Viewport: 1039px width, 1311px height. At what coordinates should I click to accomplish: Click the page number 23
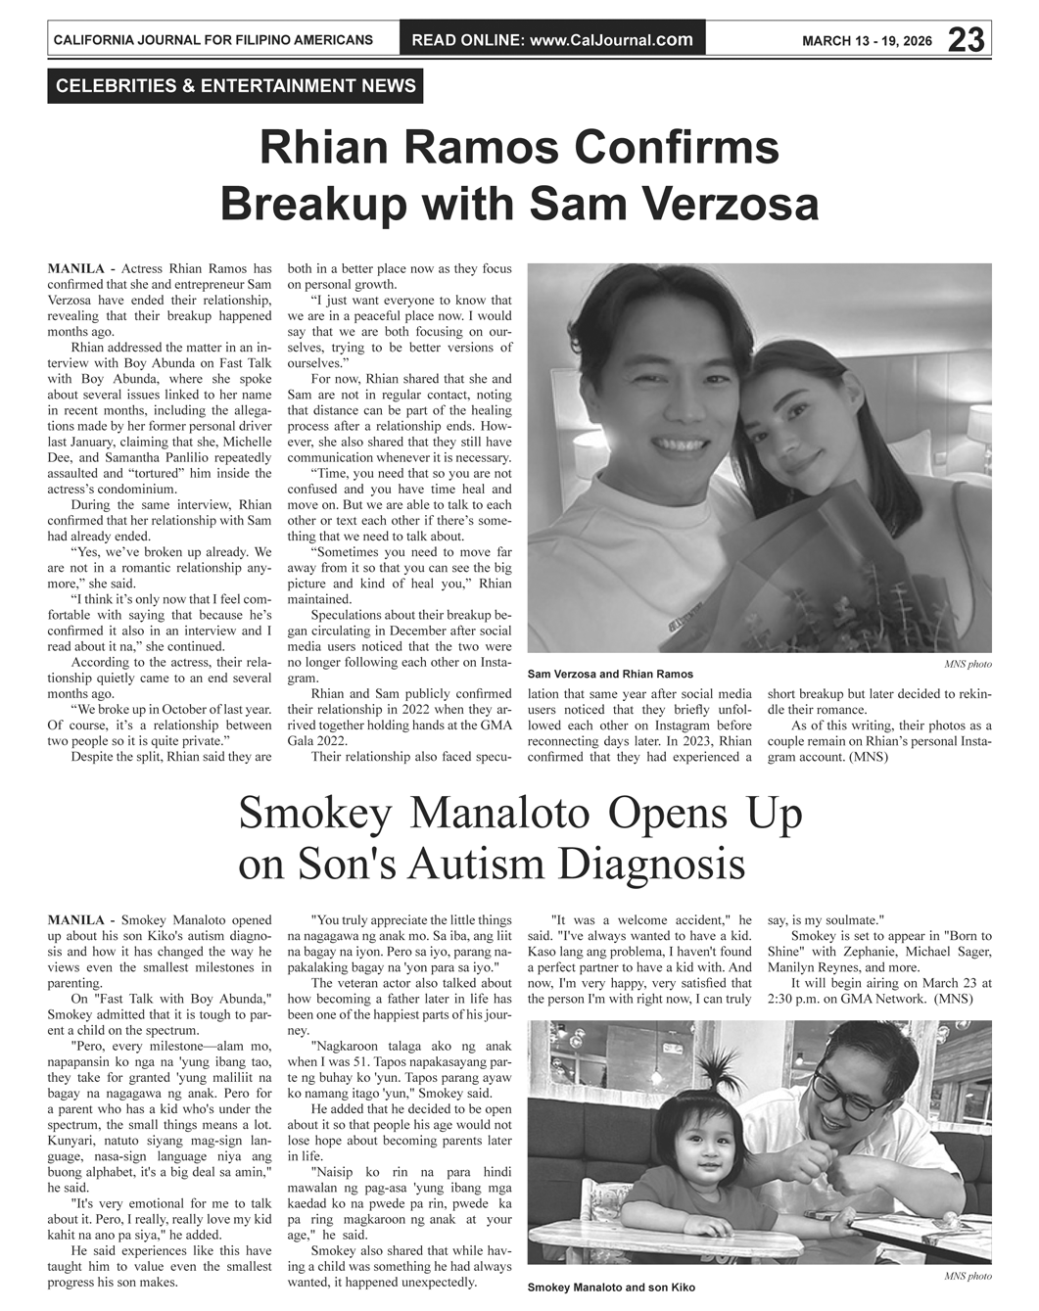click(967, 40)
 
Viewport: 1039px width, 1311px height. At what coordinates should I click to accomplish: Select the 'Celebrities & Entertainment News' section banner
click(236, 86)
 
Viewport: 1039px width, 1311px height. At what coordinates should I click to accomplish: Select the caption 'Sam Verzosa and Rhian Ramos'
click(610, 674)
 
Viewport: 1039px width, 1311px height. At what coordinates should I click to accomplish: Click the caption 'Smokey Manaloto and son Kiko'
click(611, 1287)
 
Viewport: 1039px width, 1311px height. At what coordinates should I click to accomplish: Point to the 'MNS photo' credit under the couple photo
click(968, 664)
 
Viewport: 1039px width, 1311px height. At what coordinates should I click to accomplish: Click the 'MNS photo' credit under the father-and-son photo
click(968, 1277)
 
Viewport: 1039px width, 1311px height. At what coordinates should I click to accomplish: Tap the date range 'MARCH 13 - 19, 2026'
click(867, 41)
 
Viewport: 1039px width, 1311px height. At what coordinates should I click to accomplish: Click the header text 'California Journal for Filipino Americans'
click(213, 40)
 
